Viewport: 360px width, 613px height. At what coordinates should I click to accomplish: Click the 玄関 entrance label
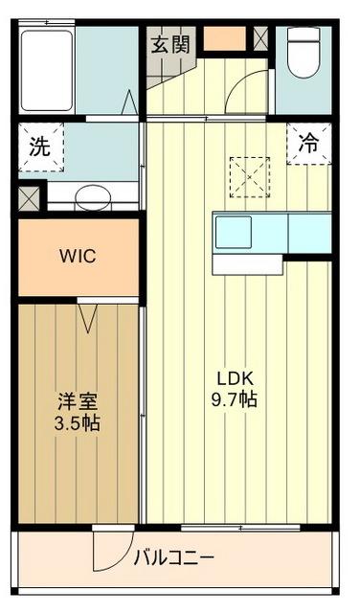click(171, 43)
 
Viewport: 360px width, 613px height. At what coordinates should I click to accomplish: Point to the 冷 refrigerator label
click(309, 145)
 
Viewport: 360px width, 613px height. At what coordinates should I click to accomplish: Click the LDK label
click(235, 378)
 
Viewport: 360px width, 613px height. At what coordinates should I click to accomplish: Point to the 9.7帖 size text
click(235, 398)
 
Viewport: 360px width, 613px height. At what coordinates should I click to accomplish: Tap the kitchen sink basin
click(233, 232)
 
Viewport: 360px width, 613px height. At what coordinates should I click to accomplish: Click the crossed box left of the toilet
click(260, 37)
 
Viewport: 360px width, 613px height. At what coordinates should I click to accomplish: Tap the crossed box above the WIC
click(29, 198)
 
